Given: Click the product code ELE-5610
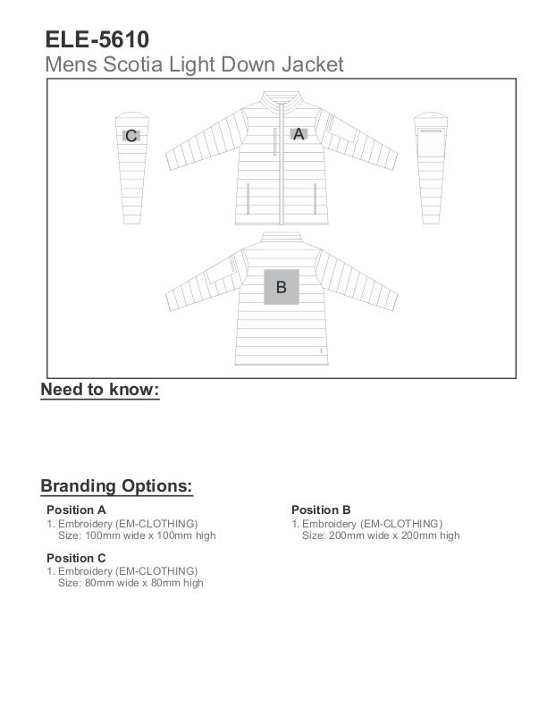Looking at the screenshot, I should (x=97, y=39).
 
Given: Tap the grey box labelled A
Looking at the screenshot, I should (x=299, y=134).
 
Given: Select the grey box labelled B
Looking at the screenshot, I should (x=282, y=287).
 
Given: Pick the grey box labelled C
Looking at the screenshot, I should (x=131, y=136).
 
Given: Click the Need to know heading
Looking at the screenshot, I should (x=100, y=390).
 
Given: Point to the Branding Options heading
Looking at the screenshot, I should (x=116, y=486).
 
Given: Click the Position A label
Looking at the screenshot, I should (x=77, y=510).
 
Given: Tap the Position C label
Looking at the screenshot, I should (x=77, y=558).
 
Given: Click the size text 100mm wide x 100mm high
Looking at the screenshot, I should (x=137, y=535).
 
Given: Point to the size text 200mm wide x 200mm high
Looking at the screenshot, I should (x=381, y=535).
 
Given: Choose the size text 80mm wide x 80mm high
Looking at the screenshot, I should (x=130, y=583).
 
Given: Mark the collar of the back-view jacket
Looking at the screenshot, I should (x=282, y=237).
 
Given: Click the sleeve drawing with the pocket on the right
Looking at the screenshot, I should (x=431, y=165).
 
